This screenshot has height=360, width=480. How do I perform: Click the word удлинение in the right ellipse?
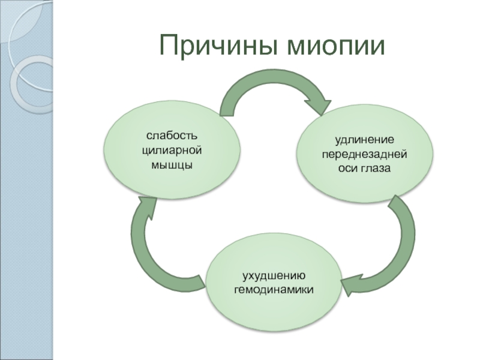point(365,140)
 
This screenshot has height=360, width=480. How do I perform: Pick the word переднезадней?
point(365,155)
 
